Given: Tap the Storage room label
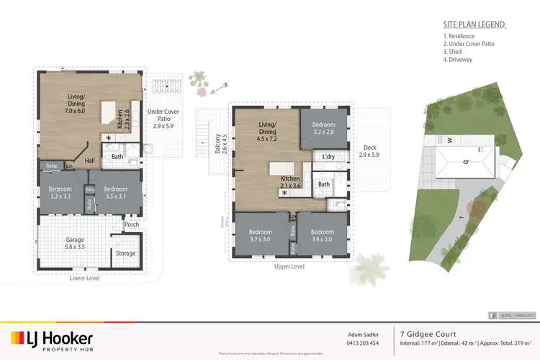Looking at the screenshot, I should (x=125, y=253).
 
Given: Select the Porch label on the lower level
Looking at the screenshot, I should (x=132, y=224).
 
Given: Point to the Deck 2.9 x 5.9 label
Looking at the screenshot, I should (x=369, y=151).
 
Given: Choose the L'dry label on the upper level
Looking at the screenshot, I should (x=328, y=157).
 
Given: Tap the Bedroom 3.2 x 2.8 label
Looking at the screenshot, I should (x=324, y=130).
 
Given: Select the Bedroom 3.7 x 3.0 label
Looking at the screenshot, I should (x=260, y=236).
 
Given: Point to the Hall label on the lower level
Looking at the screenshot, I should (x=90, y=161).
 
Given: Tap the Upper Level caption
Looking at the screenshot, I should (x=289, y=266).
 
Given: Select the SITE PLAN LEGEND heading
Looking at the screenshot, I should (x=474, y=24).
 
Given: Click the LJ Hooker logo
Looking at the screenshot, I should (x=51, y=341).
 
